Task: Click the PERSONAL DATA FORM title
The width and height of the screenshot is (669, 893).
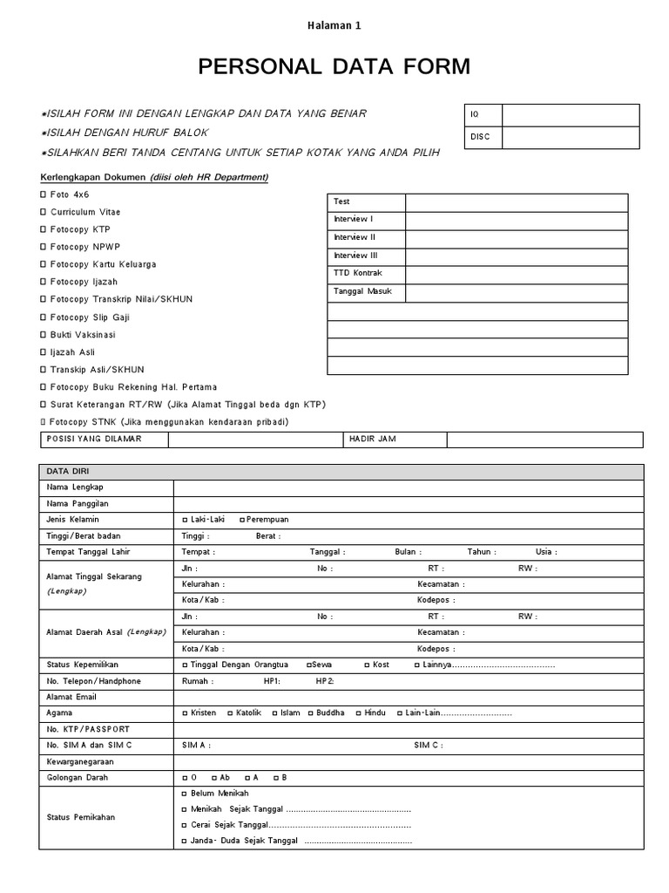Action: click(334, 67)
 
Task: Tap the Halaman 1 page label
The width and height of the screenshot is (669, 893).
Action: click(334, 25)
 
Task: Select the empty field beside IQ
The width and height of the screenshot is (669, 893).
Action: click(570, 115)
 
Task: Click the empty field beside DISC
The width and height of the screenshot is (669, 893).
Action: click(570, 137)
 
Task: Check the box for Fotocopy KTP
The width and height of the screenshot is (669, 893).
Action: click(44, 229)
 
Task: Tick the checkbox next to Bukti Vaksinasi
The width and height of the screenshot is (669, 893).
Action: click(44, 335)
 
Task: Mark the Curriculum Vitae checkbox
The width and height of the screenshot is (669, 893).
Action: click(44, 212)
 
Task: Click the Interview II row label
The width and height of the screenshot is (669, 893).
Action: click(355, 238)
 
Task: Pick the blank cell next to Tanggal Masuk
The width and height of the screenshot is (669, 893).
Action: click(516, 292)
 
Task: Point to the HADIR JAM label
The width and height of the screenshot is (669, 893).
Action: click(372, 440)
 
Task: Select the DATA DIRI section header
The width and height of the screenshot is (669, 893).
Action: click(62, 471)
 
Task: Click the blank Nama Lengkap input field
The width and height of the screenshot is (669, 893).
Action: click(408, 487)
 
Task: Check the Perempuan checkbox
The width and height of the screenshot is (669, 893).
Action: click(241, 520)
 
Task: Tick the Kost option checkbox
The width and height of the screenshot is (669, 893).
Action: click(367, 665)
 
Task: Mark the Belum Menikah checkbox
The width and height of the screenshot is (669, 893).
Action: click(184, 794)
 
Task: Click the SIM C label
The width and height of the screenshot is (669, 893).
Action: click(428, 746)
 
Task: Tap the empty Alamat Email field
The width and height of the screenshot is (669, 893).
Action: click(408, 697)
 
